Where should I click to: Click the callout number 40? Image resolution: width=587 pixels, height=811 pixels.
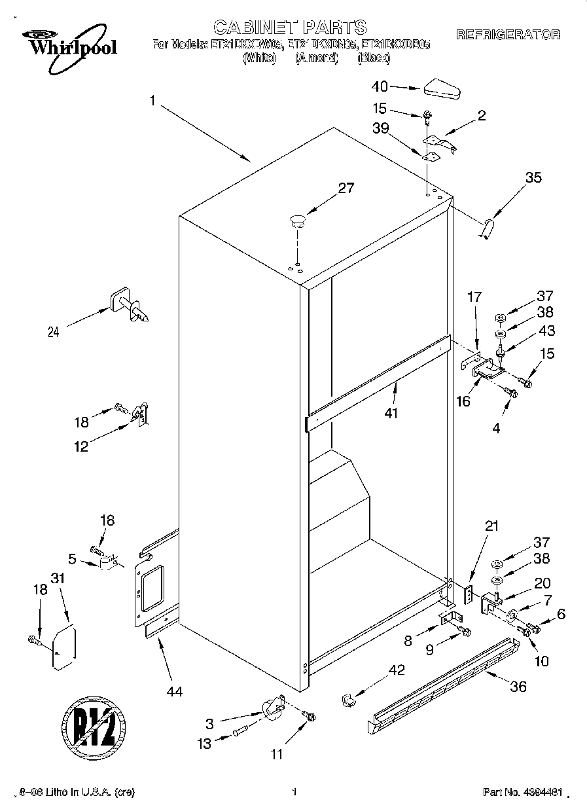pos(380,86)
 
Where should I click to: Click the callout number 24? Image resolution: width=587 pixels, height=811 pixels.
pos(53,332)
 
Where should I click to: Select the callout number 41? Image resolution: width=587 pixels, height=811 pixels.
pos(392,413)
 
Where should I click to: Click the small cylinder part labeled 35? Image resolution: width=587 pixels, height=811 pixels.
pos(486,229)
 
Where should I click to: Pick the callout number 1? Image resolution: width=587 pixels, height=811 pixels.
pos(152,101)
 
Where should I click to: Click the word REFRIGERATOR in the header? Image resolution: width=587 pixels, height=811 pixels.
pos(508,35)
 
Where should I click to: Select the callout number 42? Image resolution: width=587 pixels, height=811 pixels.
pos(397,670)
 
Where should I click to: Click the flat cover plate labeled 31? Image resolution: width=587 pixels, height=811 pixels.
pos(64,647)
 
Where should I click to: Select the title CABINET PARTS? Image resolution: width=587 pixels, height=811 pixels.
pos(290,27)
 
